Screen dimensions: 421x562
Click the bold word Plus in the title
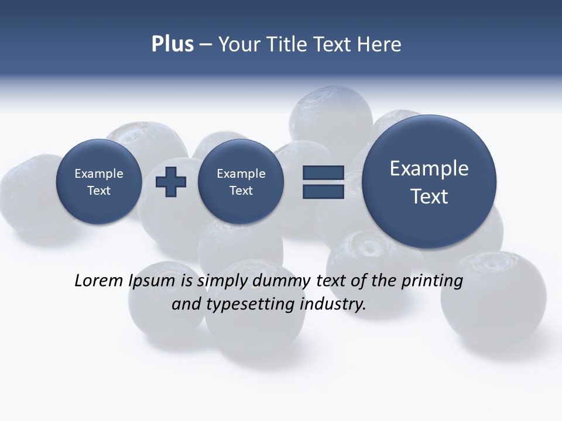click(x=172, y=44)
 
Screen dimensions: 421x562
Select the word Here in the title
click(x=379, y=44)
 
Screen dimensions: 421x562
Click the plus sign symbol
click(x=171, y=182)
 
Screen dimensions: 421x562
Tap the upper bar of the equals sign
click(x=323, y=172)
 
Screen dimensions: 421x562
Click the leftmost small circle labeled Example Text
click(x=98, y=182)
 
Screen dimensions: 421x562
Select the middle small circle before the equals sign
click(x=241, y=182)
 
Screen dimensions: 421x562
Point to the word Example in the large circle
click(x=429, y=168)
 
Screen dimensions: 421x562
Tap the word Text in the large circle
click(x=429, y=196)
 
